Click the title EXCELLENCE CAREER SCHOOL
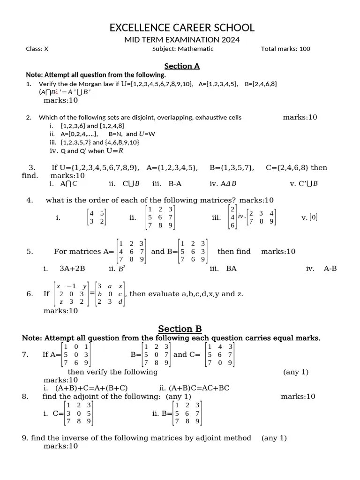[182, 28]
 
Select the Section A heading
[182, 66]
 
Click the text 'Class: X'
[37, 49]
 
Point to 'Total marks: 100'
[285, 49]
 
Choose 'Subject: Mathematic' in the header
[183, 49]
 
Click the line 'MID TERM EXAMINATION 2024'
[182, 40]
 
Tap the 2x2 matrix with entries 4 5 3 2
[97, 217]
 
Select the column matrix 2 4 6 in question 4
[232, 217]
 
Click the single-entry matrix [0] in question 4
[314, 217]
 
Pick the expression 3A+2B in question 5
[72, 269]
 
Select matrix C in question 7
[220, 355]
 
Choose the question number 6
[30, 294]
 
